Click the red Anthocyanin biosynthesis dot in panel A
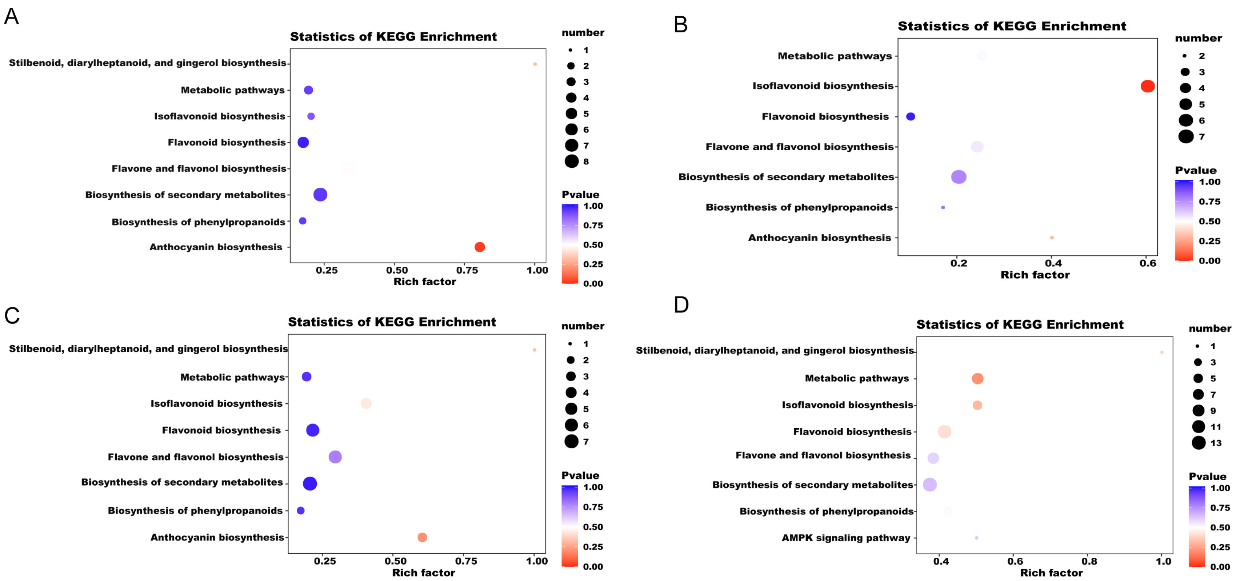coord(479,247)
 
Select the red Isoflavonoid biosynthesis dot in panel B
coord(1147,86)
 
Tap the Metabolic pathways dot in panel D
coord(977,378)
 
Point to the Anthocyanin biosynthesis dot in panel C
coord(422,537)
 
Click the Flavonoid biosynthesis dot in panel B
coord(910,116)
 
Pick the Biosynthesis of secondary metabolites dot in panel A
coord(320,195)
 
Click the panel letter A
coord(12,17)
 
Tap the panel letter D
coord(681,305)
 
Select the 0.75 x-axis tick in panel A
coord(467,270)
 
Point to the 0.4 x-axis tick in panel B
coord(1053,263)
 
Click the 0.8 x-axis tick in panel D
coord(1089,561)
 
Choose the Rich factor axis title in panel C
coord(423,572)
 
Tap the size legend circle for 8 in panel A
coord(571,161)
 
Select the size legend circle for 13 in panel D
coord(1198,443)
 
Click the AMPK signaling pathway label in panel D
coord(845,538)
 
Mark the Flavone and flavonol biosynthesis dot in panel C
coord(335,457)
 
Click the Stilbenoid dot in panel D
coord(1161,352)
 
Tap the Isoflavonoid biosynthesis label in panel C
coord(216,403)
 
